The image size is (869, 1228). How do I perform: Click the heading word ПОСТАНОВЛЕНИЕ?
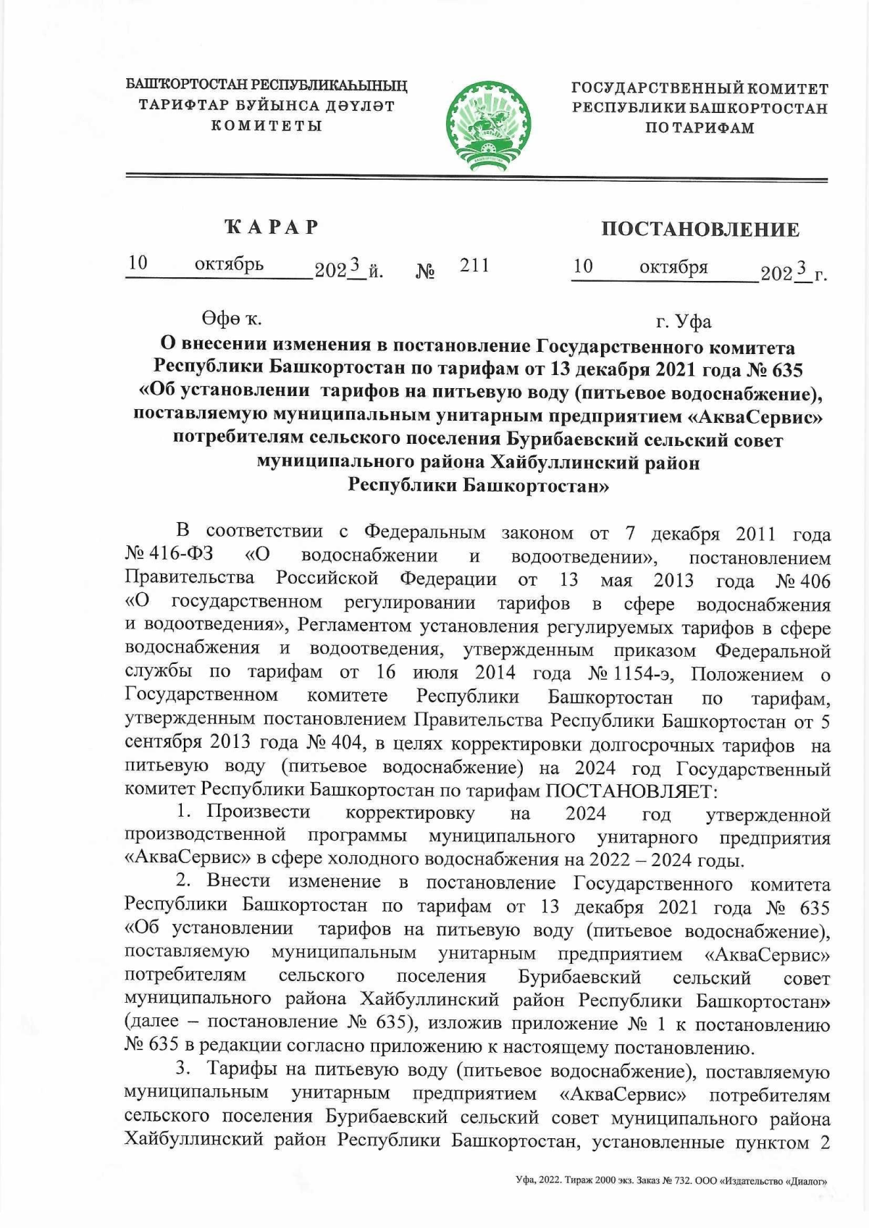[700, 230]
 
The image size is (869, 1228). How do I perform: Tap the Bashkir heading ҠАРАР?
[272, 227]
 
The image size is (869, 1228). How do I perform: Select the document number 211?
[475, 265]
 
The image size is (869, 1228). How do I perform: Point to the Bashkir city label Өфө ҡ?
[232, 319]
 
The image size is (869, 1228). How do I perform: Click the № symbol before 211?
[426, 272]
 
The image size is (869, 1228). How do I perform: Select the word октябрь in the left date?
[229, 264]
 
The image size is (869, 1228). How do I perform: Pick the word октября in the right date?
[673, 267]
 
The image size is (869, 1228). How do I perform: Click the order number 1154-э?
[643, 674]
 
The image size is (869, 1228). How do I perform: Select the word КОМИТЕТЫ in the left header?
[266, 126]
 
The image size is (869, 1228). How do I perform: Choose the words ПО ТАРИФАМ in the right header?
[700, 128]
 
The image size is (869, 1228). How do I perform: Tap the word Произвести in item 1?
[258, 812]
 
